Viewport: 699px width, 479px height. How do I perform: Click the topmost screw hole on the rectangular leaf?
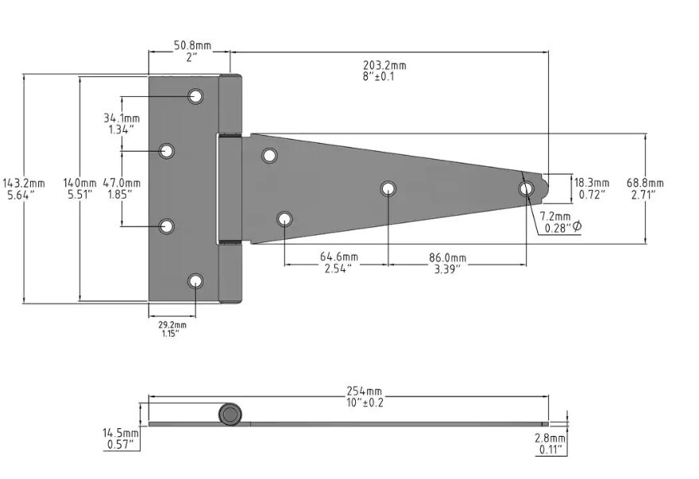pos(195,96)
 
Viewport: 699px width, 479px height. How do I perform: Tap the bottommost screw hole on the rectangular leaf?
pos(195,280)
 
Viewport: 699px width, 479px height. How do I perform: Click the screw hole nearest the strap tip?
pos(526,189)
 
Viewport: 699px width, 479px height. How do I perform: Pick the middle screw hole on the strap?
pos(388,188)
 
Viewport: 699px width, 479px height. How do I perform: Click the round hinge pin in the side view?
pos(230,415)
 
